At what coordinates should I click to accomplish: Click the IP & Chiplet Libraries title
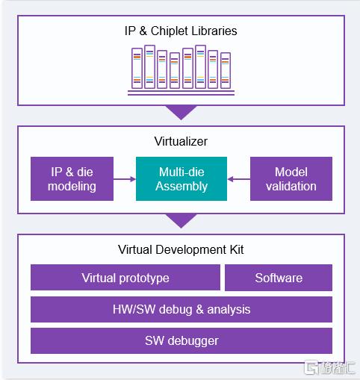point(181,31)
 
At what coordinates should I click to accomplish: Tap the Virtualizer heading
point(181,141)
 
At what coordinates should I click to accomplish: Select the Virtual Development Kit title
point(181,249)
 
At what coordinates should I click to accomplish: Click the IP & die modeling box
point(72,178)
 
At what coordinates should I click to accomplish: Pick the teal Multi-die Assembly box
point(181,178)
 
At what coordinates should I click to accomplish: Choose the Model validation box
point(291,178)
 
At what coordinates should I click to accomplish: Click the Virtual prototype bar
point(125,278)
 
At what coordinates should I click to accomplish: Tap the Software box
point(279,278)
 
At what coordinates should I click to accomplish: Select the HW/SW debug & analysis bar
point(181,309)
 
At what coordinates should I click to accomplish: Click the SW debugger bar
point(181,340)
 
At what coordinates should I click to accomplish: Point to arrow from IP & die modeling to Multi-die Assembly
point(125,179)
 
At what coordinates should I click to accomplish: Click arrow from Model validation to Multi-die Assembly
point(239,179)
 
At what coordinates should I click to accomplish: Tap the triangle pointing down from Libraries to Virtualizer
point(181,111)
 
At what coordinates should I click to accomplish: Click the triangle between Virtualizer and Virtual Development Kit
point(181,219)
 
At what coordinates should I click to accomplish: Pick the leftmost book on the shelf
point(137,68)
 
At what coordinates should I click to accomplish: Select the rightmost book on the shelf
point(226,70)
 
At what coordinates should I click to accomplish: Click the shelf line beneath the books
point(181,93)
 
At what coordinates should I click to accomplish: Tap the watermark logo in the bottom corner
point(329,367)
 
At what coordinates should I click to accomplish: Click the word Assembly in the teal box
point(181,187)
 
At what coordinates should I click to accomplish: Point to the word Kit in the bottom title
point(237,249)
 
